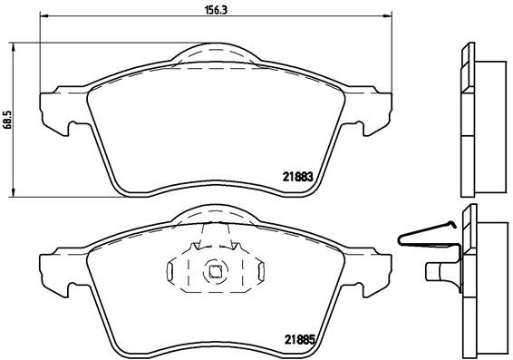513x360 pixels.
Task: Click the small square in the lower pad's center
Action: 216,269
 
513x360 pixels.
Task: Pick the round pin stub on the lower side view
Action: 438,269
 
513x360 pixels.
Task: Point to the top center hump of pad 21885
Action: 216,214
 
